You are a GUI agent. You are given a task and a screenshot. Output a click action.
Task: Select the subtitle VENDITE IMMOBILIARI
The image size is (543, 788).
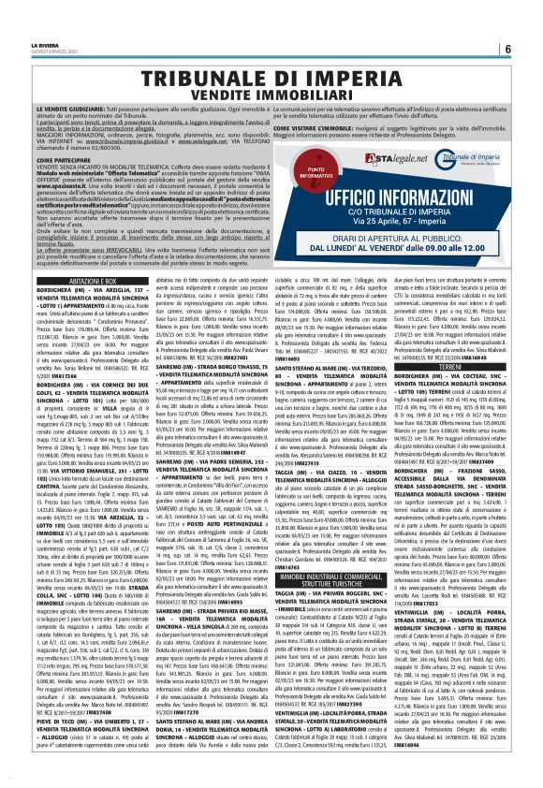pos(271,96)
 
